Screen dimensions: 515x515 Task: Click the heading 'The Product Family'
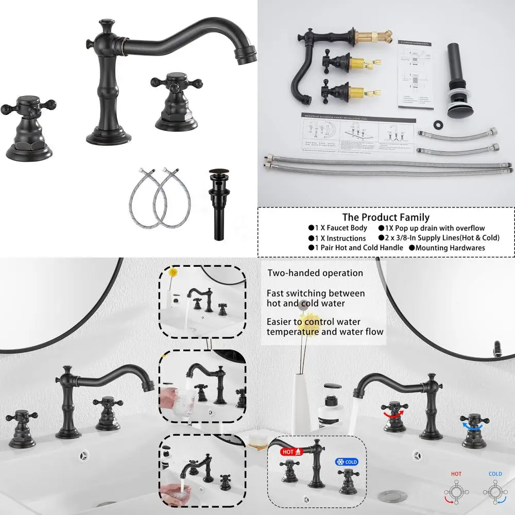tap(386, 217)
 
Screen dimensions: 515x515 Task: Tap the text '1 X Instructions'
tap(339, 238)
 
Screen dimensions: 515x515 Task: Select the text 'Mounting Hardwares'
tap(450, 248)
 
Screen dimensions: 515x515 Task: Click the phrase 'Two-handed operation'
tap(315, 273)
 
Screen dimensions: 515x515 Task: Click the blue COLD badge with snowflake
tap(347, 462)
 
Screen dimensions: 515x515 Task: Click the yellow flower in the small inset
tap(173, 271)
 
